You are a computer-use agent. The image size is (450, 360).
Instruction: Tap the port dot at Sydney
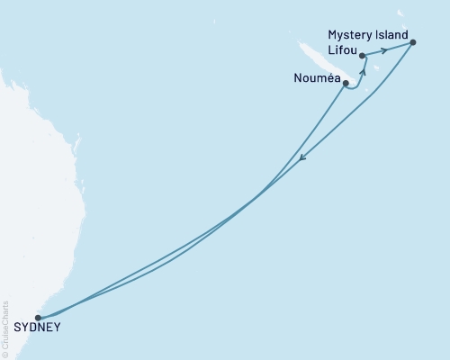click(38, 317)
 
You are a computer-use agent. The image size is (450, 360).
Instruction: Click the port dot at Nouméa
click(346, 83)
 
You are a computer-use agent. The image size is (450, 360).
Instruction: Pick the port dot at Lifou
click(363, 56)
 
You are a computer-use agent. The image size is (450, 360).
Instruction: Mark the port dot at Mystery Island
click(412, 42)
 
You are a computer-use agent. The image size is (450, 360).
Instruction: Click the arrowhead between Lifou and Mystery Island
click(384, 50)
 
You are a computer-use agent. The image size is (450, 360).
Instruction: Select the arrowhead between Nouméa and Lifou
click(364, 70)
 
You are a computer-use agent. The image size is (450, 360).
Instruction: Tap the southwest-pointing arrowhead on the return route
click(302, 158)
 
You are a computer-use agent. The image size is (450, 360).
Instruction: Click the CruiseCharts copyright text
click(6, 329)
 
